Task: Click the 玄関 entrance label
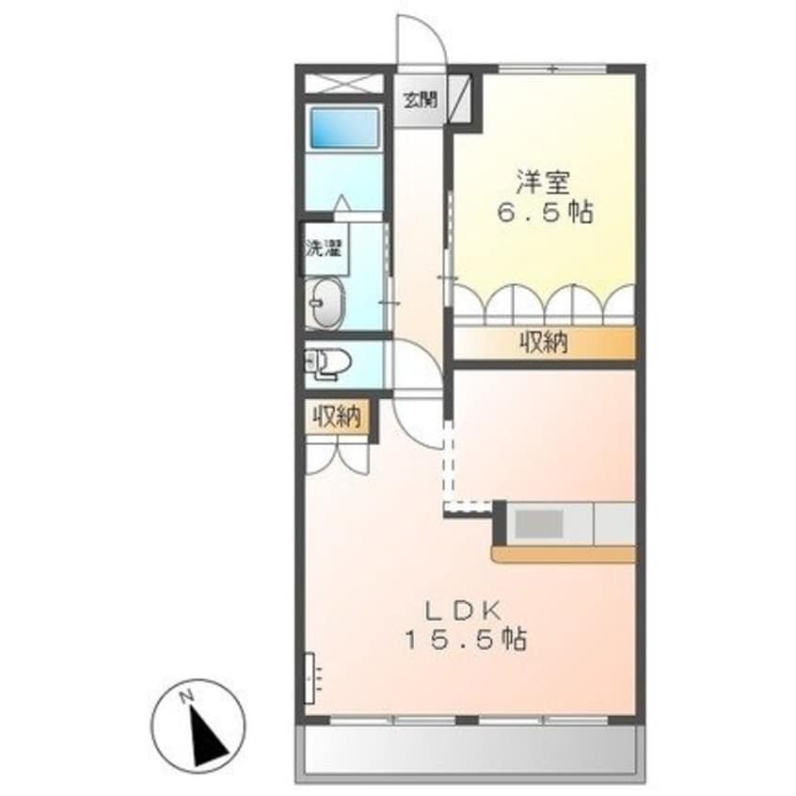click(420, 99)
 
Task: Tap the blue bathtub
click(343, 128)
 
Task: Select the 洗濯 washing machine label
click(324, 248)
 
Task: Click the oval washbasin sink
click(326, 303)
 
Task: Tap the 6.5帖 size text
click(544, 213)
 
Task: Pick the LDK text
click(462, 608)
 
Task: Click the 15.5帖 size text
click(465, 641)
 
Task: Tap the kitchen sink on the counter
click(539, 523)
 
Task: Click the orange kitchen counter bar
click(563, 555)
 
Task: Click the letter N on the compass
click(187, 696)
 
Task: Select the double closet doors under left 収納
click(338, 457)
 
